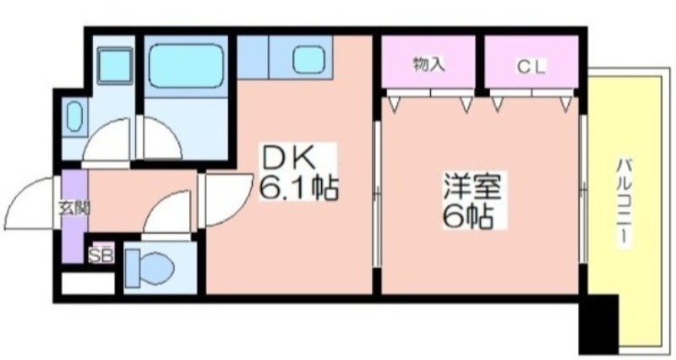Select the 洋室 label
click(472, 186)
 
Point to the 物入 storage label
click(428, 64)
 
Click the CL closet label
click(532, 67)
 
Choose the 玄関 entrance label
click(74, 209)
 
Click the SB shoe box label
click(101, 255)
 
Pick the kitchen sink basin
click(308, 59)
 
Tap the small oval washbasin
click(74, 117)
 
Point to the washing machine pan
click(115, 65)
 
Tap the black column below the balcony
click(598, 325)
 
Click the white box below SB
click(89, 284)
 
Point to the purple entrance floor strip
click(74, 215)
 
